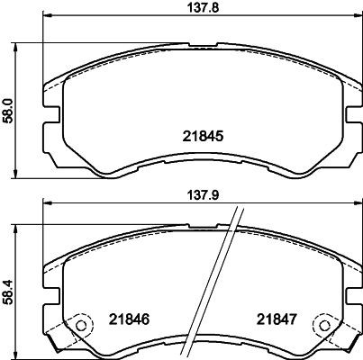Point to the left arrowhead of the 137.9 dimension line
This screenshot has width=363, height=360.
click(42, 203)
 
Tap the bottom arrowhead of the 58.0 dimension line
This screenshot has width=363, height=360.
click(21, 175)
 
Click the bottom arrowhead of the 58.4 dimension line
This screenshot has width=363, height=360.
click(20, 356)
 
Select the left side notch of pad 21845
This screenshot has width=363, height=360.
click(50, 115)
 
